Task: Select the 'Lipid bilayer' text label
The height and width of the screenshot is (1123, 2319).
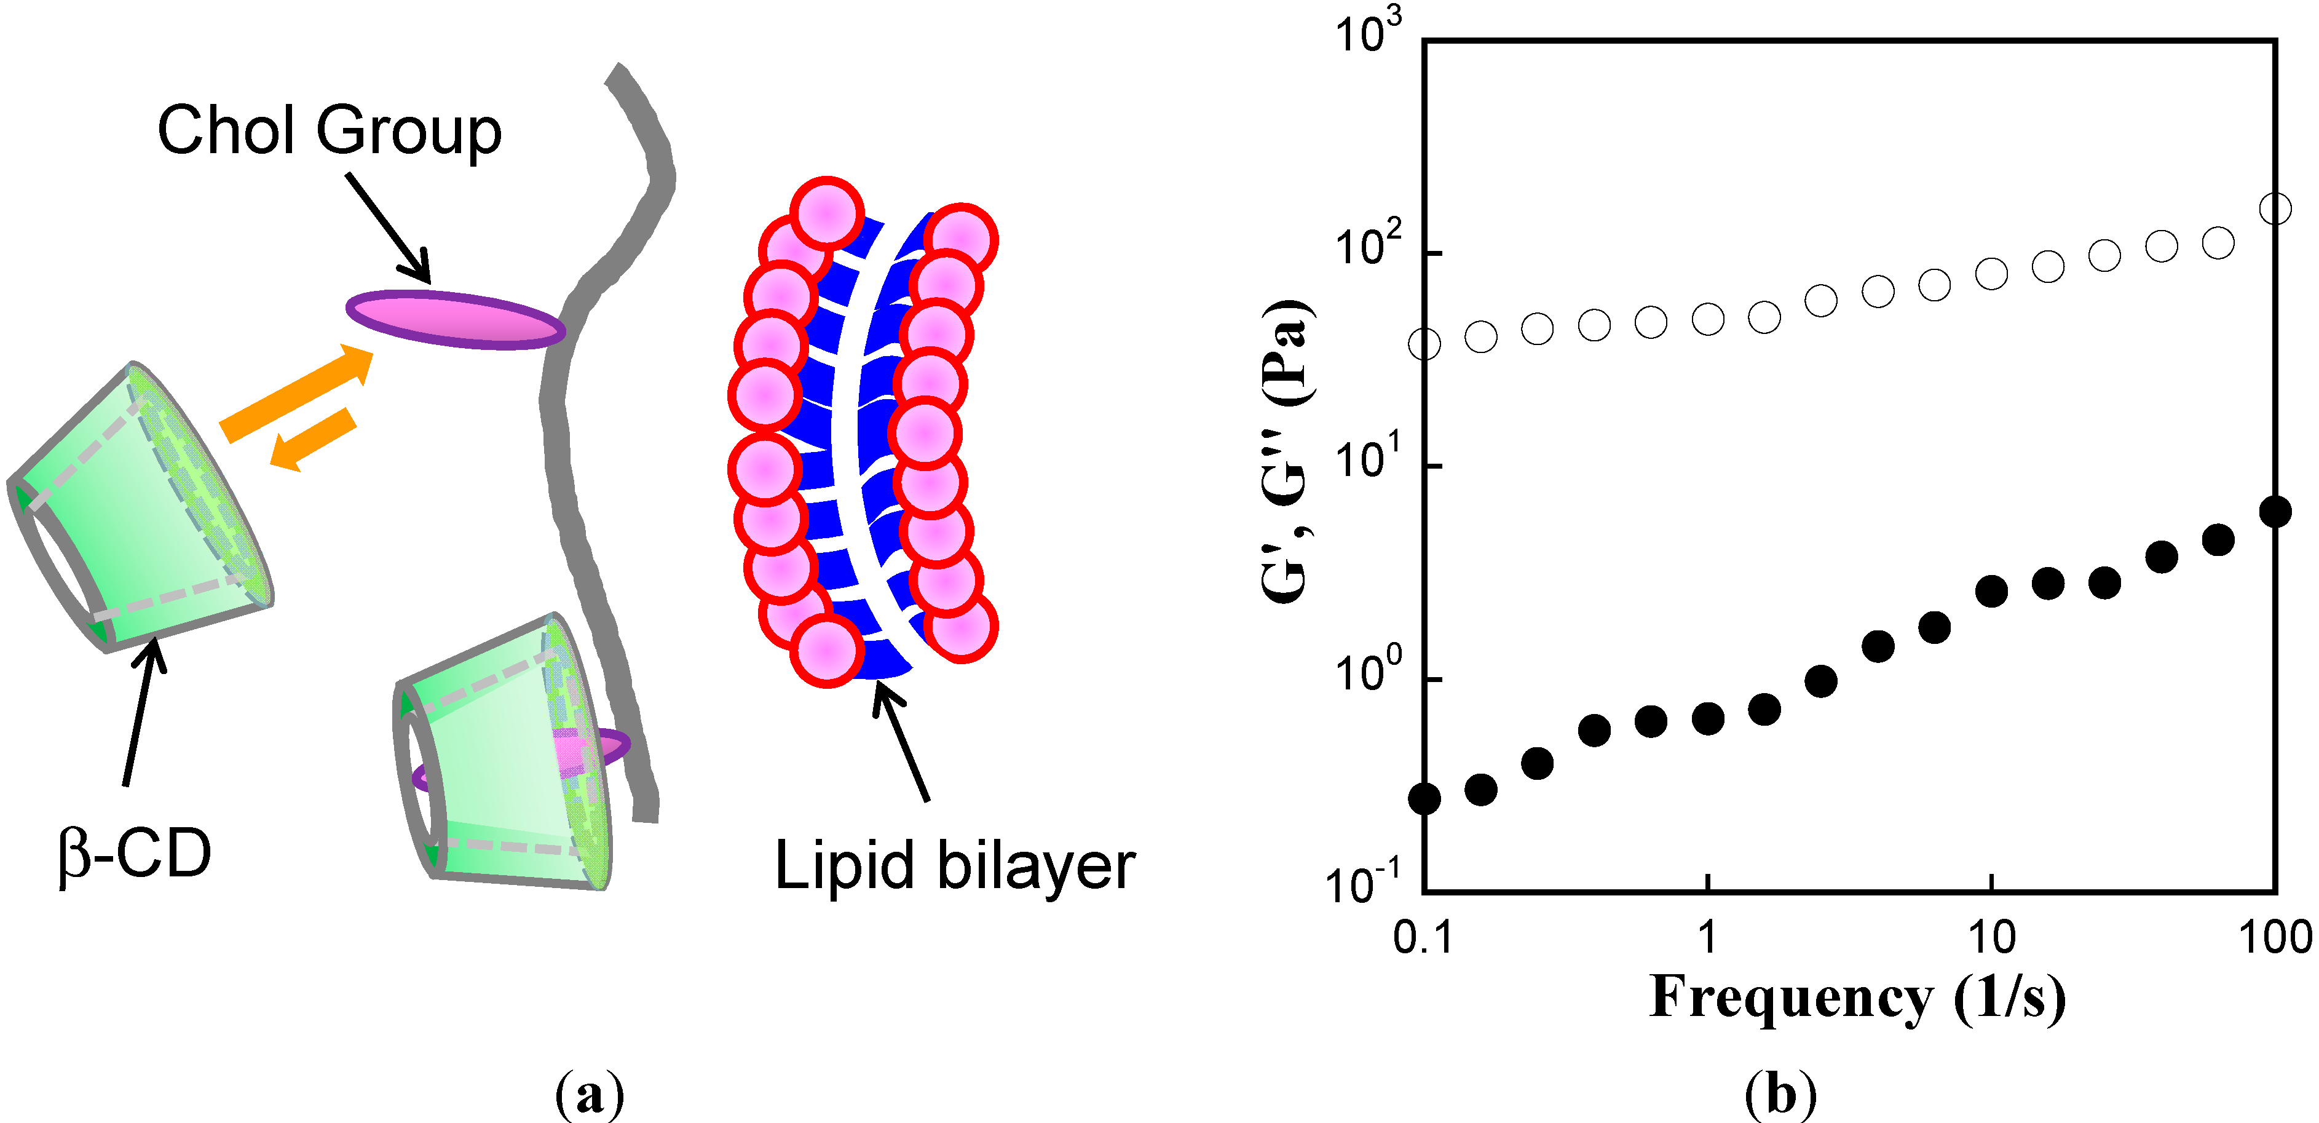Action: [954, 865]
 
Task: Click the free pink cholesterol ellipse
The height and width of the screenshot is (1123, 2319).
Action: [456, 320]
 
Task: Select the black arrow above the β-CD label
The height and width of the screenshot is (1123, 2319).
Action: [142, 712]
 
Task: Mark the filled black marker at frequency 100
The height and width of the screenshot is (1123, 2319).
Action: [2275, 512]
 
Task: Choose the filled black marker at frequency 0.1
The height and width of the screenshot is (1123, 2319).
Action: [1424, 798]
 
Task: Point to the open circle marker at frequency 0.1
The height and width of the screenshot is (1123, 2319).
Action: [1424, 344]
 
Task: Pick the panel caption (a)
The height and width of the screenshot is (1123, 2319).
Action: [590, 1094]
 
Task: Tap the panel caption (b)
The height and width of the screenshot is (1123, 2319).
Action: [1780, 1094]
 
